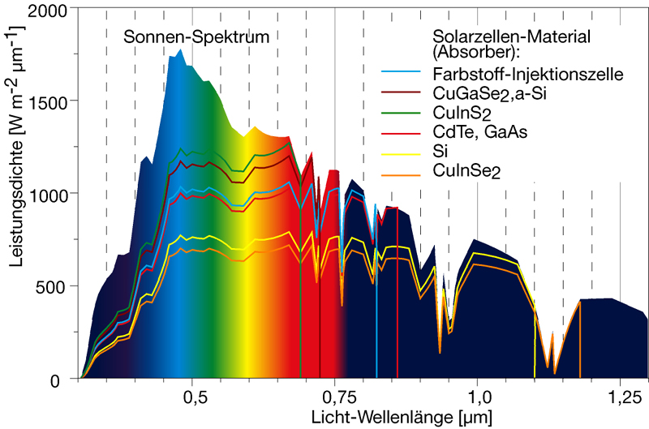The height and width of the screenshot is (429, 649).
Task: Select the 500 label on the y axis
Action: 59,286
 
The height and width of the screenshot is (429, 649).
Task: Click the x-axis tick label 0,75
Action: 333,398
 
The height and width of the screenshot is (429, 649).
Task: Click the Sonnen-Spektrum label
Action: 196,36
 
